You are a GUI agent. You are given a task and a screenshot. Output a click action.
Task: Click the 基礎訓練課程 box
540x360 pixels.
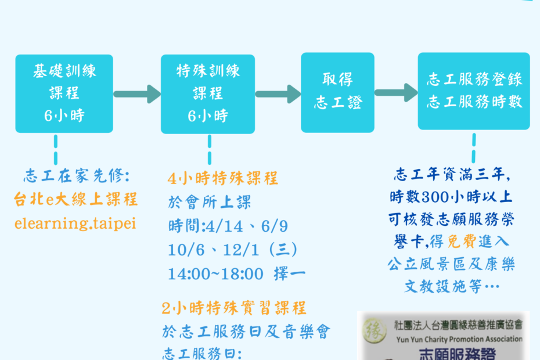pos(64,93)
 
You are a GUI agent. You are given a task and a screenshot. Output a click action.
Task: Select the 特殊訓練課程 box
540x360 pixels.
pos(208,94)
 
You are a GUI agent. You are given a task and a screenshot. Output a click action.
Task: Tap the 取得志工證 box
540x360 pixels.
pos(337,92)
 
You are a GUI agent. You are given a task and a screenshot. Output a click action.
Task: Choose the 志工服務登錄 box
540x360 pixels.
pos(474,91)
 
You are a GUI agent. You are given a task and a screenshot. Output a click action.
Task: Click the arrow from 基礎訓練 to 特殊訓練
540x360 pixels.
pos(137,94)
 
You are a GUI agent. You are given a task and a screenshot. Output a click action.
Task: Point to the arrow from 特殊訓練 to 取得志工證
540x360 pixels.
pos(278,94)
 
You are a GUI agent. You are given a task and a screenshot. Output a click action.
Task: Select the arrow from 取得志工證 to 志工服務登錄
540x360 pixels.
pos(396,92)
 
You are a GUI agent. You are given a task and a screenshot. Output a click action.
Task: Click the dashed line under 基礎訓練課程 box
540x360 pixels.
pos(56,150)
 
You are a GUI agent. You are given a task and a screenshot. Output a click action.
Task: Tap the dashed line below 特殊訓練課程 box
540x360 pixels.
pos(210,150)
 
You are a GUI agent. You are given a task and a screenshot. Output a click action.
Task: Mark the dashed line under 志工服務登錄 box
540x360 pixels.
pos(474,148)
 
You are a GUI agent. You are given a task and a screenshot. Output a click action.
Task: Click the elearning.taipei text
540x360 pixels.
pos(75,224)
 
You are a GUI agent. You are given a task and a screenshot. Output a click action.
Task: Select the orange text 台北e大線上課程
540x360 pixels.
pos(75,200)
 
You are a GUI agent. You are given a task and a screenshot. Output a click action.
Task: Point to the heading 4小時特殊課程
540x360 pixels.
pos(223,178)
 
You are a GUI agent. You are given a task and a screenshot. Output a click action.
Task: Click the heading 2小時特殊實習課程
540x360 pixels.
pos(234,308)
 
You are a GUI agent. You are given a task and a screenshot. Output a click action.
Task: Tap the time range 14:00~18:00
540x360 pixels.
pos(215,274)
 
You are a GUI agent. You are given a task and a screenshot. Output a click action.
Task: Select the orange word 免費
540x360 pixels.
pos(462,242)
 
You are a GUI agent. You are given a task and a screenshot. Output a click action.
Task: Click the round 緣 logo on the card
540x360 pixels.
pos(375,330)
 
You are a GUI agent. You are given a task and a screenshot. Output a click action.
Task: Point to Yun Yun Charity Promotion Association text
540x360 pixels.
pos(459,339)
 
